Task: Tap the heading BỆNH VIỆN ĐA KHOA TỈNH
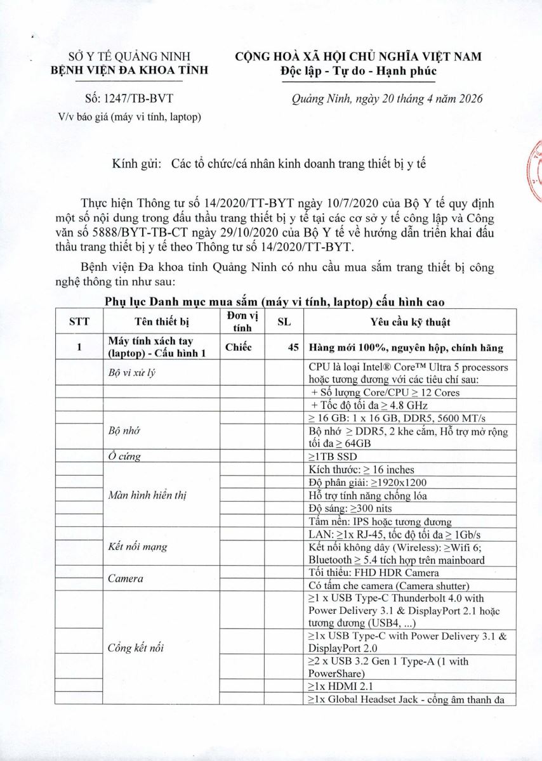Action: [129, 70]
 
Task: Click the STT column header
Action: [79, 322]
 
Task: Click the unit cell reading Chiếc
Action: [239, 348]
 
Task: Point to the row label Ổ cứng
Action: [124, 456]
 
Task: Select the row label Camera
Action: [125, 578]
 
